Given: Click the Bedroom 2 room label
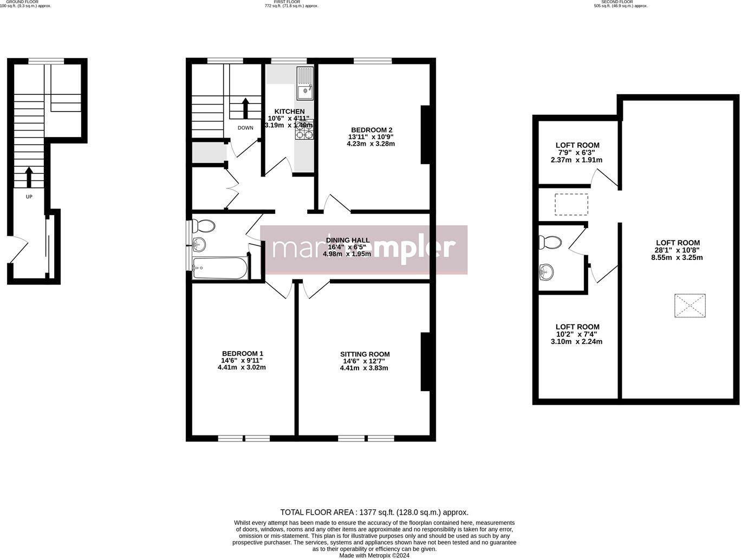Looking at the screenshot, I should [371, 130].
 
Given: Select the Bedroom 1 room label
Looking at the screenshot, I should [242, 354].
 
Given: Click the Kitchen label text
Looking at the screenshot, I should [289, 112].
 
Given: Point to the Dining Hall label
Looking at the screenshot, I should [347, 240].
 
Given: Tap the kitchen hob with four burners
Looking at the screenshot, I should [304, 130].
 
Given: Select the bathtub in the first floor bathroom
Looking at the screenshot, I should [220, 268].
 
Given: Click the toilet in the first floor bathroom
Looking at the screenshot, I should [203, 226].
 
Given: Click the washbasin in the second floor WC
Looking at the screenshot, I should [548, 272].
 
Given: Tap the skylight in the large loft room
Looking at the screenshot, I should [690, 305].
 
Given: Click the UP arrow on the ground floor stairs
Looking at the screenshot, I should [29, 177].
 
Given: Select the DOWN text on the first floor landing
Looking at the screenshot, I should [245, 128].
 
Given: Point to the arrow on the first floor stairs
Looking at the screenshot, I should [245, 108].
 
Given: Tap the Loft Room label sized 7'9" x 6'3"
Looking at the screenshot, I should [577, 145].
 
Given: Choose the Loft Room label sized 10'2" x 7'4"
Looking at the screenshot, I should [577, 327].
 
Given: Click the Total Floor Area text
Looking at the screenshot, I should [374, 512].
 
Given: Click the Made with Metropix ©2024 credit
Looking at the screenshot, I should [374, 555].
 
